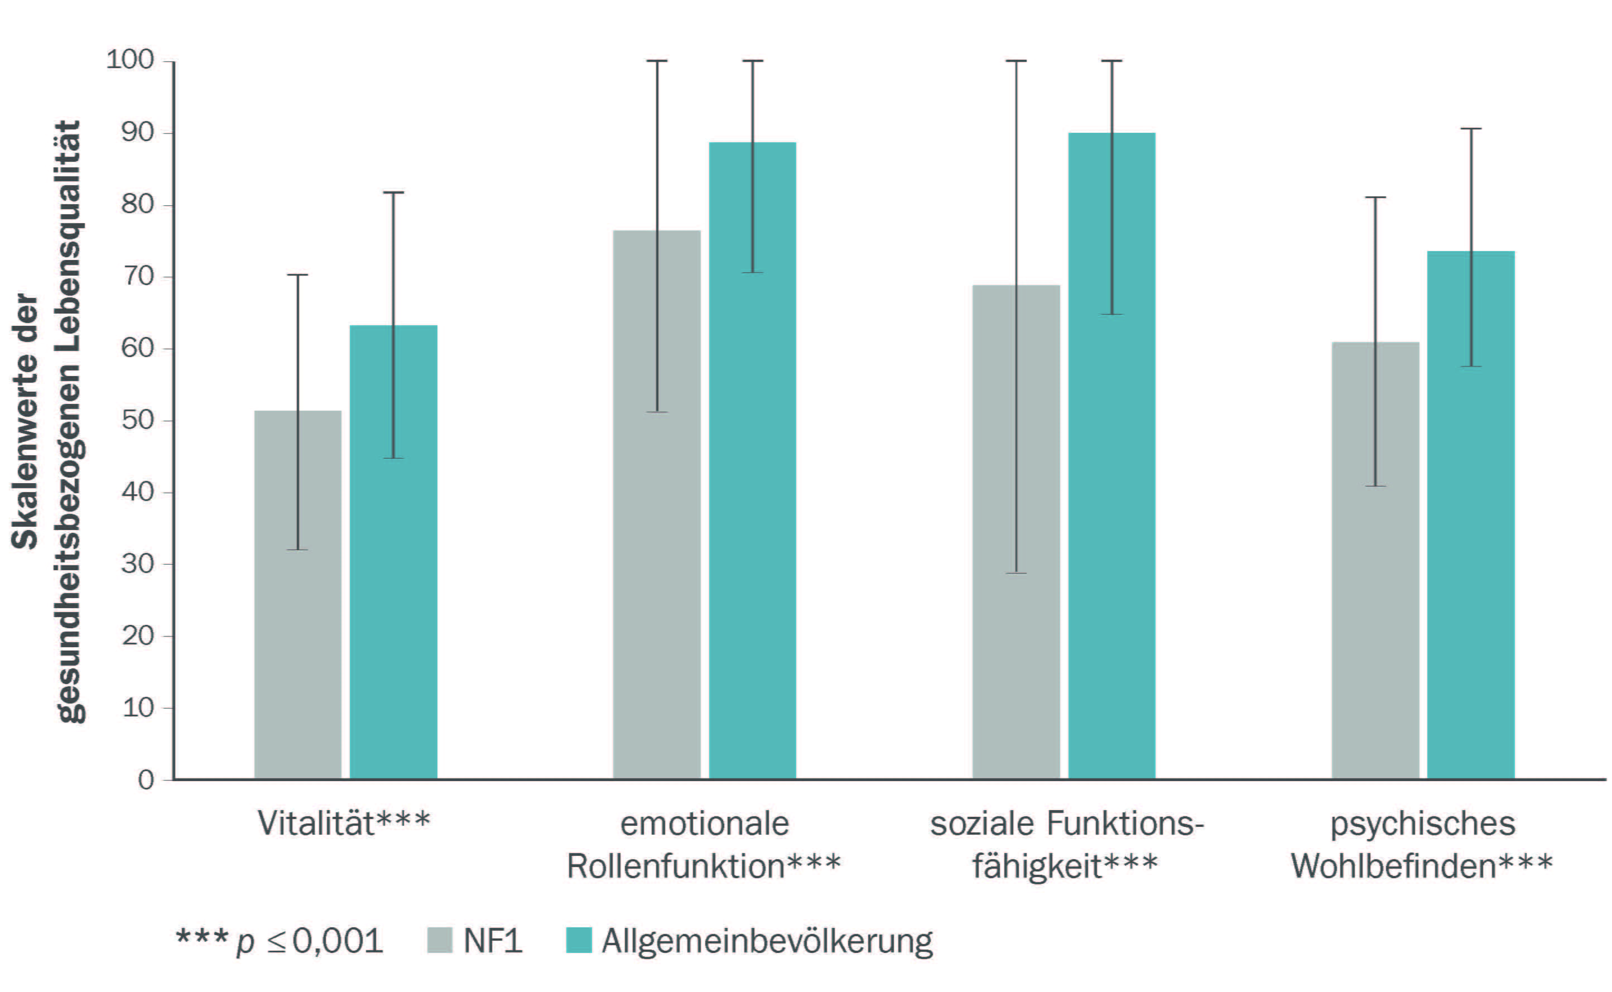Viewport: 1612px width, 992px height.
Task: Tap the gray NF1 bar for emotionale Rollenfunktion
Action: pyautogui.click(x=657, y=504)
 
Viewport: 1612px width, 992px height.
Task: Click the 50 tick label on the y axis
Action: pyautogui.click(x=138, y=420)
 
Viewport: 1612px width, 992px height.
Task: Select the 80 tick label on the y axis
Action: pyautogui.click(x=138, y=205)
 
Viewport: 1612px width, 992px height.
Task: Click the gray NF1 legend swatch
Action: pyautogui.click(x=440, y=940)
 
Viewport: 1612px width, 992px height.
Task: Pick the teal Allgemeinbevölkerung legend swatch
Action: pyautogui.click(x=579, y=940)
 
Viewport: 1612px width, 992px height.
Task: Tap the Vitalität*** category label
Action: pyautogui.click(x=344, y=824)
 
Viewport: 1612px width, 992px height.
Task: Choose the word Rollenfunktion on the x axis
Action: pyautogui.click(x=676, y=866)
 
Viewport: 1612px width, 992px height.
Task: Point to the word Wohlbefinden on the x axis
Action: pyautogui.click(x=1393, y=866)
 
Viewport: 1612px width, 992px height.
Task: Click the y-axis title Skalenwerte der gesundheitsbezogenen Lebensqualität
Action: pyautogui.click(x=46, y=420)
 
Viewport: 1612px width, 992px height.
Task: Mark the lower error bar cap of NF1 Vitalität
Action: pyautogui.click(x=297, y=550)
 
